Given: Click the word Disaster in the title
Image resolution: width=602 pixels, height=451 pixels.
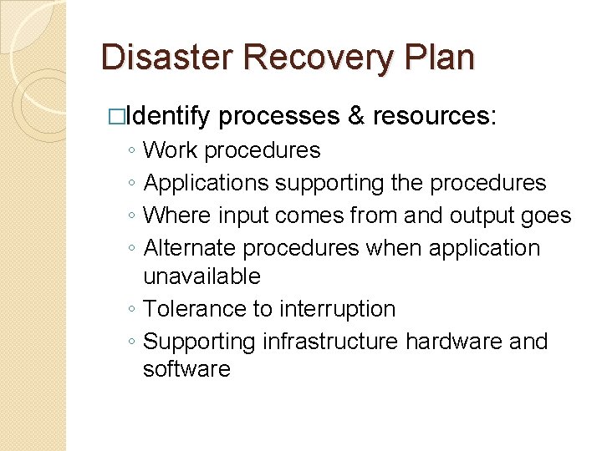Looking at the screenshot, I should [158, 58].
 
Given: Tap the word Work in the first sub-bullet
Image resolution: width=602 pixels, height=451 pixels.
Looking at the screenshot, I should [171, 150].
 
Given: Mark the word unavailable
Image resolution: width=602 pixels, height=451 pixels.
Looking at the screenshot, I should [202, 276].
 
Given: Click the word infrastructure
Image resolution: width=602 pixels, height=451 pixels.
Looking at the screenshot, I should [331, 342].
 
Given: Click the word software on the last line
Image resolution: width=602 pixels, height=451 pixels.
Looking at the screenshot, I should [186, 369].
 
